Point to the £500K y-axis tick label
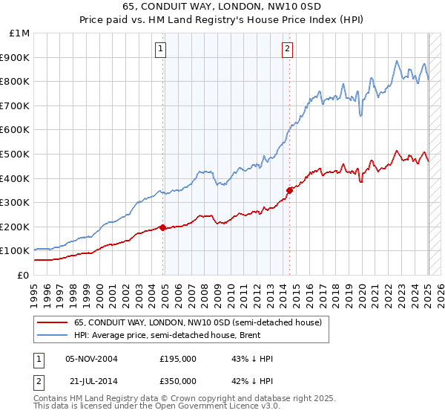16,155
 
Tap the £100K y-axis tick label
16,251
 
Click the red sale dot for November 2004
162,228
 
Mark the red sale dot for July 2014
289,190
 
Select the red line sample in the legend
51,322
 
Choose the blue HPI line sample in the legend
51,335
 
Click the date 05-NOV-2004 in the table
91,359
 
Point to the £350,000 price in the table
178,380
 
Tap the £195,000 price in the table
178,359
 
